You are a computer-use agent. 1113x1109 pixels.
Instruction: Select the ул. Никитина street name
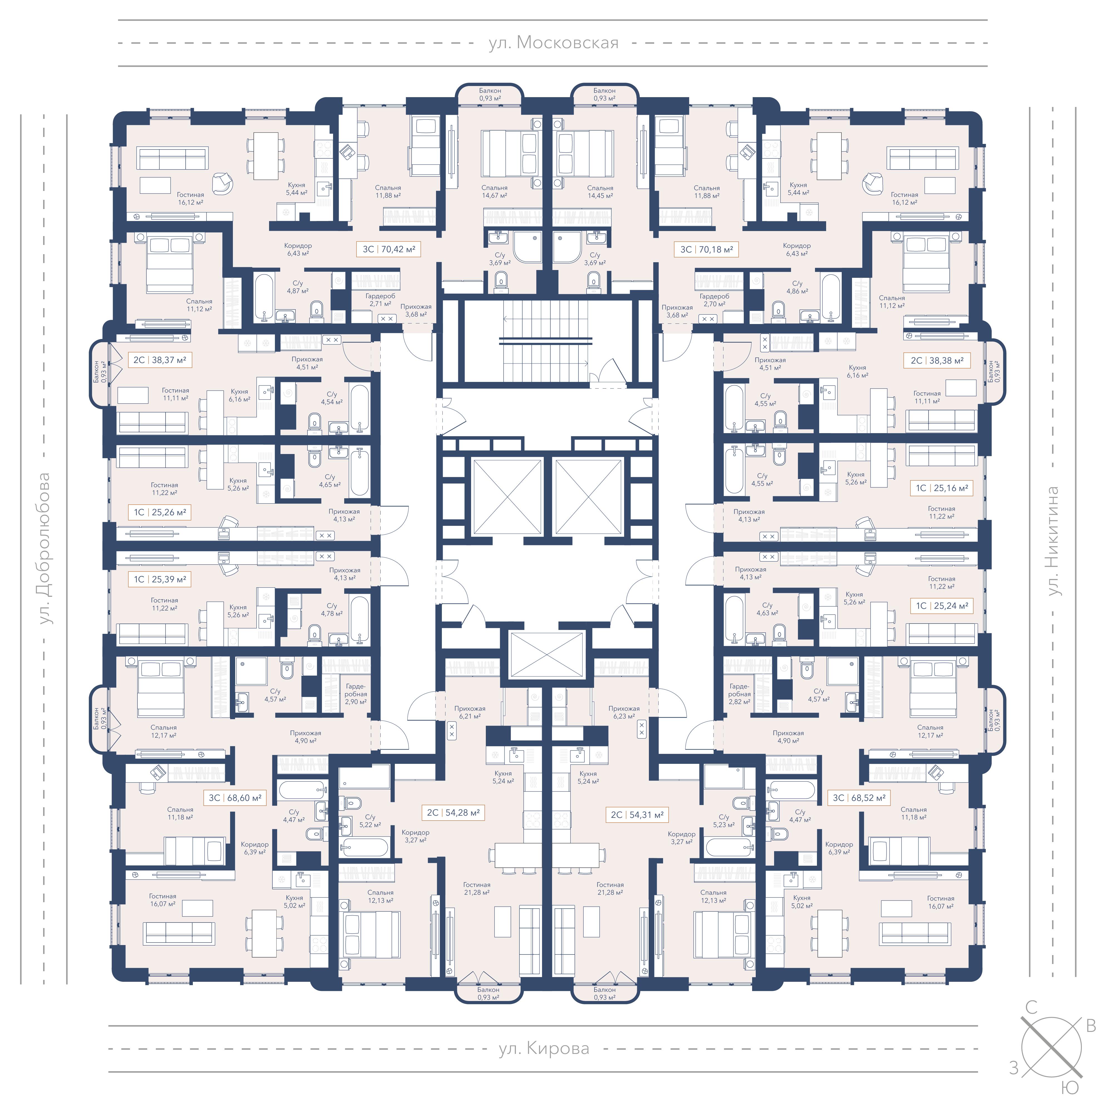click(x=1054, y=541)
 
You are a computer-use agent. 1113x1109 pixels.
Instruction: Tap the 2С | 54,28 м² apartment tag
click(x=453, y=813)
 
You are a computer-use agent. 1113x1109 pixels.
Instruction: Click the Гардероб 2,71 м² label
click(x=380, y=300)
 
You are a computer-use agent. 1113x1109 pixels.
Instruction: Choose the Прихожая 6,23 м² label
click(x=624, y=712)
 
